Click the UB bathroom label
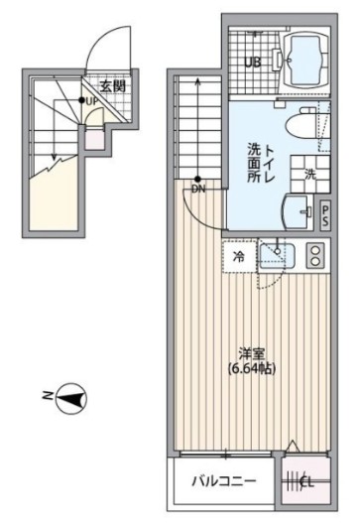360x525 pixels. click(x=253, y=64)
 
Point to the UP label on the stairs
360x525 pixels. click(x=90, y=100)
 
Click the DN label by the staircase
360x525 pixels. click(x=198, y=188)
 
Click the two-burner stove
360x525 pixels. click(x=315, y=256)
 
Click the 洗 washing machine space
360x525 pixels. click(x=309, y=175)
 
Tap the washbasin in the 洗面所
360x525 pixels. click(x=297, y=211)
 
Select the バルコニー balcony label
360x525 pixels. click(x=226, y=483)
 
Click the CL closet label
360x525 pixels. click(x=307, y=483)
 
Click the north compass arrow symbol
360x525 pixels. click(x=69, y=400)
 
